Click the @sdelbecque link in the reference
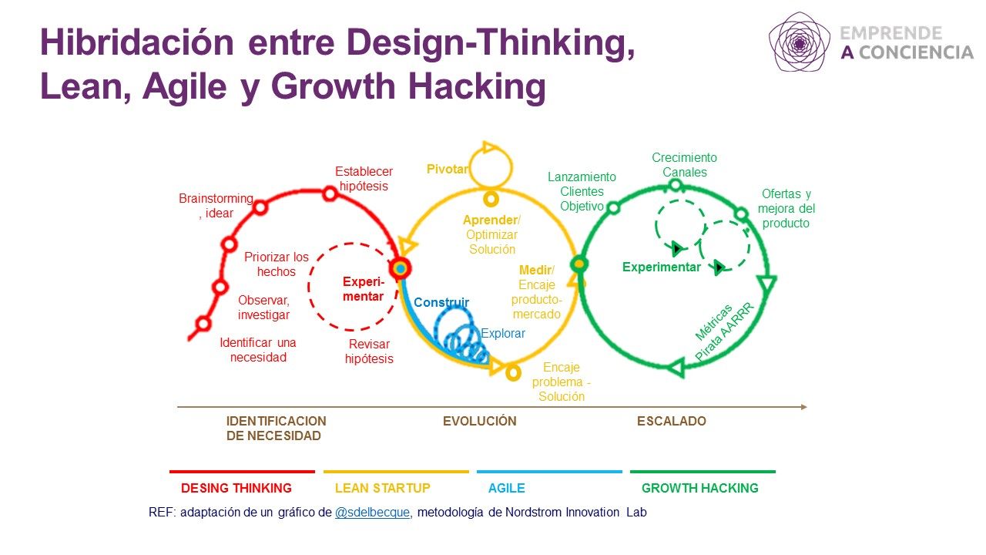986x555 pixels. click(x=372, y=513)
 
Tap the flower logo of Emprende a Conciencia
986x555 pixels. click(x=800, y=42)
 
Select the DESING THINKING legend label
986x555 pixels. click(x=236, y=488)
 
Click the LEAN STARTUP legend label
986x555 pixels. click(x=383, y=488)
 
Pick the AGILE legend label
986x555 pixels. click(x=507, y=488)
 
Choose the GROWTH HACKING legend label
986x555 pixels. click(x=700, y=488)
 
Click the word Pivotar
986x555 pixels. click(x=448, y=169)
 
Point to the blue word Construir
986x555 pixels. click(x=441, y=302)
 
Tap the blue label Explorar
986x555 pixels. click(x=503, y=334)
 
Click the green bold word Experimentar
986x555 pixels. click(x=661, y=267)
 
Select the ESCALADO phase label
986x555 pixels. click(x=671, y=421)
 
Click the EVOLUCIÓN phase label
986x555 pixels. click(x=479, y=421)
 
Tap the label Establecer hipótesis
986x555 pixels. click(x=364, y=178)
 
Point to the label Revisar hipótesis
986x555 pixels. click(x=369, y=351)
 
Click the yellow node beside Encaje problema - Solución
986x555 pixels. click(x=513, y=373)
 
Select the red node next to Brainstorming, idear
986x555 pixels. click(x=260, y=207)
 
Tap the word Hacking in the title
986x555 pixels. click(x=477, y=87)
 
